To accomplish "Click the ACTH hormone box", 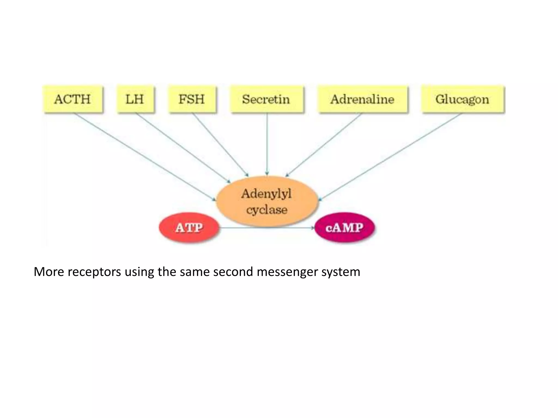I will coord(73,99).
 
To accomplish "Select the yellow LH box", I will coord(135,99).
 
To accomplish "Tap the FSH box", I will coord(192,99).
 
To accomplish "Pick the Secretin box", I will coord(266,99).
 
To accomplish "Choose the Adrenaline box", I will coord(362,99).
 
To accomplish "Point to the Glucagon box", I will coord(463,99).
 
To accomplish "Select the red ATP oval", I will coord(189,228).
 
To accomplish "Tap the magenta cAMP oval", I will coord(345,228).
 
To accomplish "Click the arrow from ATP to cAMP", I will coord(267,228).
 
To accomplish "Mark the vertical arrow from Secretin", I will coord(267,144).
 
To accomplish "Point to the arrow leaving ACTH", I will coord(144,156).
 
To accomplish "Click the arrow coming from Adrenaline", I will coord(324,144).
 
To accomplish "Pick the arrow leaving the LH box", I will coord(183,147).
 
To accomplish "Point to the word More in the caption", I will coord(49,272).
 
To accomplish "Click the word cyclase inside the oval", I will coord(267,210).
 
